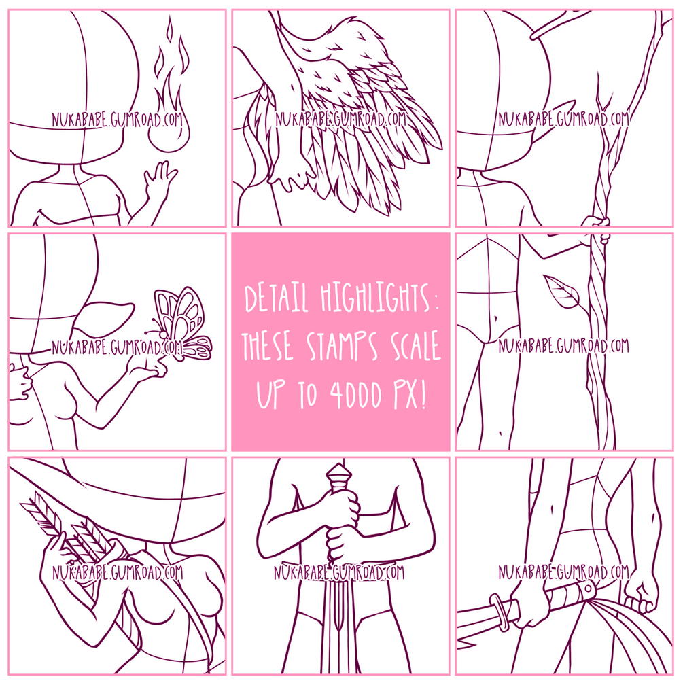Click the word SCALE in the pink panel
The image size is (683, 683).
pos(416,346)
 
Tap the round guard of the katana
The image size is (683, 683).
pos(499,613)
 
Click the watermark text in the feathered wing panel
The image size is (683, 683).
pos(340,118)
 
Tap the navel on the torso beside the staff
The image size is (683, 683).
pos(495,319)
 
